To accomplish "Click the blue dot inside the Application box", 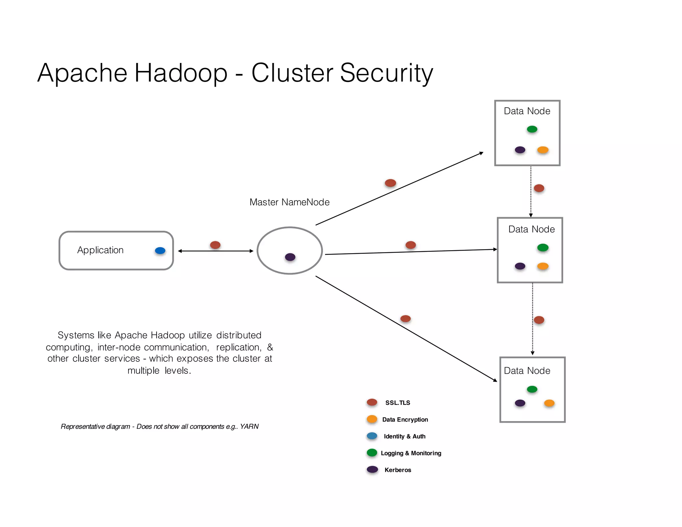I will pyautogui.click(x=160, y=251).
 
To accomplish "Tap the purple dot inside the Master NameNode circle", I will pyautogui.click(x=290, y=257).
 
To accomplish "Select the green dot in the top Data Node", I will pyautogui.click(x=532, y=129).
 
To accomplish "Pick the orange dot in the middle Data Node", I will pyautogui.click(x=543, y=266).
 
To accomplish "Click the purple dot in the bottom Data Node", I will pyautogui.click(x=520, y=403).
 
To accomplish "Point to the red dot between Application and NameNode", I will pyautogui.click(x=215, y=245).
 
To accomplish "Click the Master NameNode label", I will pyautogui.click(x=289, y=202).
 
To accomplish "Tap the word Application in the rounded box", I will pyautogui.click(x=100, y=250).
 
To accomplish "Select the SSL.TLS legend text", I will pyautogui.click(x=398, y=403).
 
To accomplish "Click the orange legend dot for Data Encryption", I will pyautogui.click(x=372, y=419).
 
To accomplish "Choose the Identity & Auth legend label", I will pyautogui.click(x=405, y=436).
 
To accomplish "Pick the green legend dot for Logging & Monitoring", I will pyautogui.click(x=372, y=453).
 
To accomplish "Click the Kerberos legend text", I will pyautogui.click(x=398, y=470).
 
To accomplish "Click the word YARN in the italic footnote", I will pyautogui.click(x=249, y=426).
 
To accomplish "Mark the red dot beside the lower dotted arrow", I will pyautogui.click(x=539, y=320).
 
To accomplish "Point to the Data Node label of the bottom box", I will pyautogui.click(x=527, y=371).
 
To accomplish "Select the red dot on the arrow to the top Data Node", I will pyautogui.click(x=390, y=183).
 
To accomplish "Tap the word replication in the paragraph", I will pyautogui.click(x=238, y=347).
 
